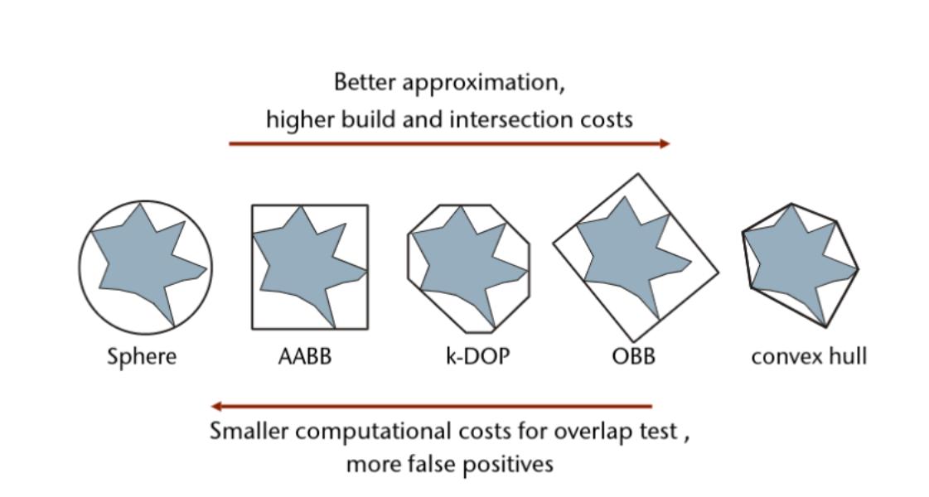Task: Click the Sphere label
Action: (x=142, y=357)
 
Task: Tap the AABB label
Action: (x=304, y=357)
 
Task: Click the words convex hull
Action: (x=809, y=357)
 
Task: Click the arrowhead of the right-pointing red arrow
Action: (x=664, y=144)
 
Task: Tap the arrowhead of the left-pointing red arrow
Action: (x=216, y=407)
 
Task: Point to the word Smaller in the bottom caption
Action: (x=246, y=432)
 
